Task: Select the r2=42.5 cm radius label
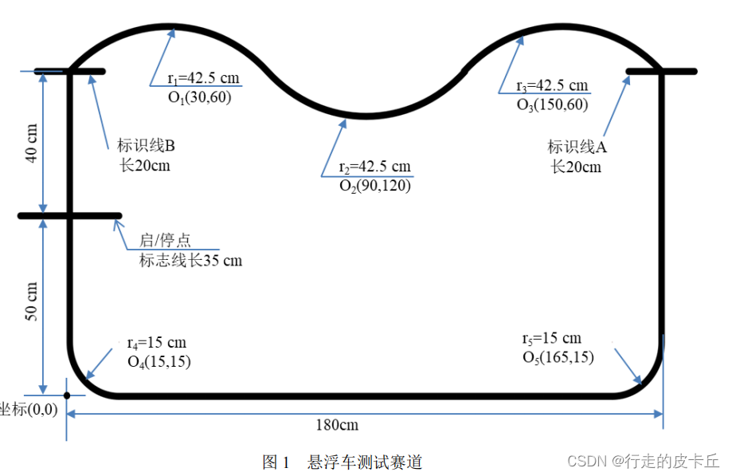(x=374, y=167)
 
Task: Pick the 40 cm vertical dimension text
(x=32, y=143)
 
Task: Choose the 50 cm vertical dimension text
(x=32, y=302)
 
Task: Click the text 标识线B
(x=146, y=146)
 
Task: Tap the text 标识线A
(x=577, y=147)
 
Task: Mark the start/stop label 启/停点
(x=165, y=240)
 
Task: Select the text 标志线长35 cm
(x=190, y=261)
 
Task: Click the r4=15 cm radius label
(x=156, y=343)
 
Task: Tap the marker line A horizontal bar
(x=661, y=72)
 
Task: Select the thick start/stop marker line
(x=69, y=215)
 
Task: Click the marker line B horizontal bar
(x=70, y=72)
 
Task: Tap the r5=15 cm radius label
(x=551, y=338)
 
